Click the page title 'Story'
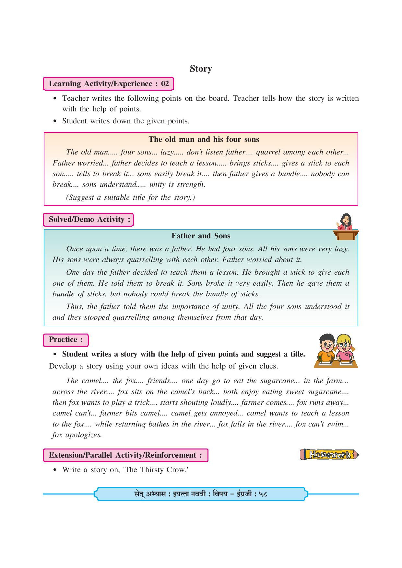[201, 69]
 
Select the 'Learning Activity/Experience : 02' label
[109, 84]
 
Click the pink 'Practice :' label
[65, 340]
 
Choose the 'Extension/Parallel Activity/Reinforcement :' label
[125, 455]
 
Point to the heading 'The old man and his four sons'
[204, 139]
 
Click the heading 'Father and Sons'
[201, 236]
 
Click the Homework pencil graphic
[329, 454]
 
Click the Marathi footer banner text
[201, 494]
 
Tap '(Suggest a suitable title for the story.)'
[130, 197]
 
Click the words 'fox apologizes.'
[77, 435]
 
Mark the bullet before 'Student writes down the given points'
[55, 121]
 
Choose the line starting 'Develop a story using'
[163, 366]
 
